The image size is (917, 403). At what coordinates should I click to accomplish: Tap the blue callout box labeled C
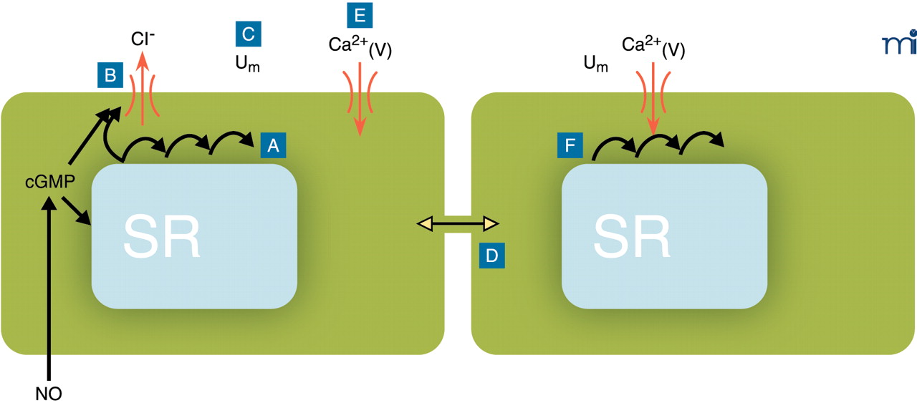click(248, 34)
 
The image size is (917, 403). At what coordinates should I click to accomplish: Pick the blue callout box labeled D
click(492, 256)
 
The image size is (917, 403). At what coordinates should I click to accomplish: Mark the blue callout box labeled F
click(570, 146)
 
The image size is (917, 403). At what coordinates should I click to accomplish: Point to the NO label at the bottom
click(48, 392)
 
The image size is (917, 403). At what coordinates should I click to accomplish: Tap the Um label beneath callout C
click(247, 64)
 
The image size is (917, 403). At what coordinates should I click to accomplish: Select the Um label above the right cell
click(596, 64)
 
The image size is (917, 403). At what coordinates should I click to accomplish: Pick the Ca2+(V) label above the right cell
click(653, 47)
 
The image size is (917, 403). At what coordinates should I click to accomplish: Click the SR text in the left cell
click(162, 236)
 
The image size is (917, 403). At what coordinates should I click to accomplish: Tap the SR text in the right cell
click(632, 236)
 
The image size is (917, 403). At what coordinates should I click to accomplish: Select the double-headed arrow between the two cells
click(457, 225)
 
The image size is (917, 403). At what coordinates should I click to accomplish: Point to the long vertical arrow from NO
click(49, 286)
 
